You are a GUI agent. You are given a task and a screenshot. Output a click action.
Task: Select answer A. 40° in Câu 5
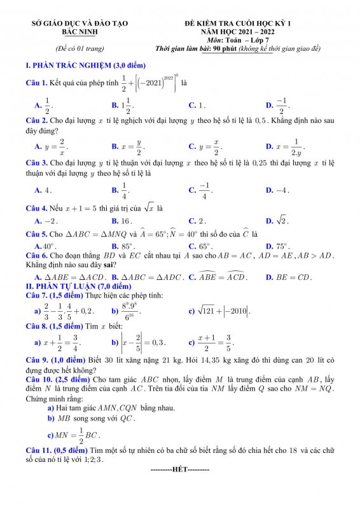(x=45, y=246)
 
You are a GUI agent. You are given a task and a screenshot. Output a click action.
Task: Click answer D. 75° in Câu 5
(x=277, y=246)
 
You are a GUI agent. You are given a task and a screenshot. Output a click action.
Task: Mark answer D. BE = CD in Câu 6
(x=289, y=277)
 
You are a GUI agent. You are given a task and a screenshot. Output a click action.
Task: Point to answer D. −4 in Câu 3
(x=277, y=190)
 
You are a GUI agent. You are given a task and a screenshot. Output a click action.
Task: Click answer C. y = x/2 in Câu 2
(x=205, y=146)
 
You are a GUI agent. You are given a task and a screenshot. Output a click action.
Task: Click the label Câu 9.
(x=37, y=360)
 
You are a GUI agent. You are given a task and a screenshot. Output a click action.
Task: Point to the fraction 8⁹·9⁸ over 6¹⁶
(x=131, y=311)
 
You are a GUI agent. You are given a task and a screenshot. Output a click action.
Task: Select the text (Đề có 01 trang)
(x=80, y=48)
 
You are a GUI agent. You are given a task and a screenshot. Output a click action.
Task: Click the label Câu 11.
(x=39, y=450)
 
